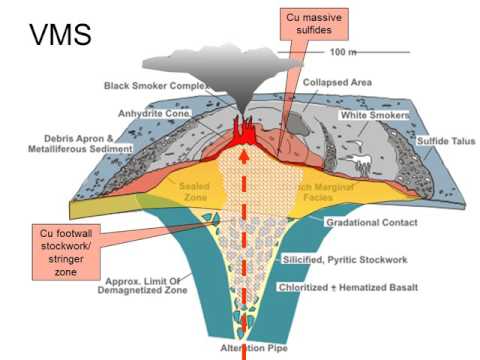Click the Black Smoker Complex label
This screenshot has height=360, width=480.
coord(152,86)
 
